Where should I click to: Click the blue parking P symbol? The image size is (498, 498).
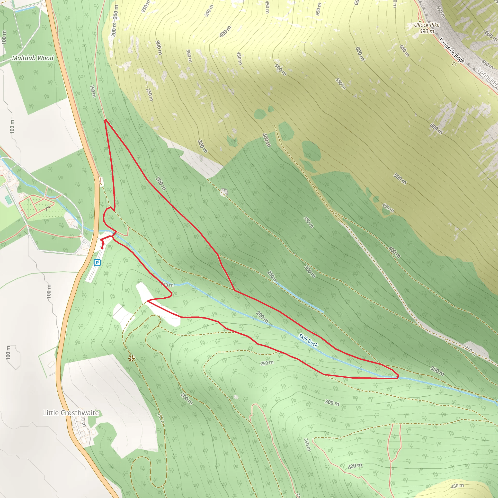(x=97, y=263)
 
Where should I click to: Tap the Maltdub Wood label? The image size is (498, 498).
(x=33, y=58)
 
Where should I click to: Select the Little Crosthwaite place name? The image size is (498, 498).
(x=71, y=413)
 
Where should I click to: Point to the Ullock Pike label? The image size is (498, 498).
(x=427, y=25)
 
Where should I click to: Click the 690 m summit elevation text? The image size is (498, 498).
(x=427, y=31)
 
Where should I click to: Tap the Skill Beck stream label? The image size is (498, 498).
(x=308, y=340)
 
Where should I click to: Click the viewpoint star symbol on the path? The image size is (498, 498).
(x=132, y=358)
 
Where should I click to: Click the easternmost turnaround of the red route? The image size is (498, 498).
(x=398, y=377)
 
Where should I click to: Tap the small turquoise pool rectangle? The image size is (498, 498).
(x=8, y=200)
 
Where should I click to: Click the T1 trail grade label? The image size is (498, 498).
(x=454, y=64)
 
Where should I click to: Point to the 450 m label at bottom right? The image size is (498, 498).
(x=457, y=486)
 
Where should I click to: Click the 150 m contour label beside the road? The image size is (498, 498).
(x=93, y=91)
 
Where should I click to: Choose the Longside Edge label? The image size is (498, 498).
(x=451, y=51)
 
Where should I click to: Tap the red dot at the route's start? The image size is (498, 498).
(x=102, y=248)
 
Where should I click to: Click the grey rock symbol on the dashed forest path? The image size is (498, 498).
(x=224, y=192)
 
